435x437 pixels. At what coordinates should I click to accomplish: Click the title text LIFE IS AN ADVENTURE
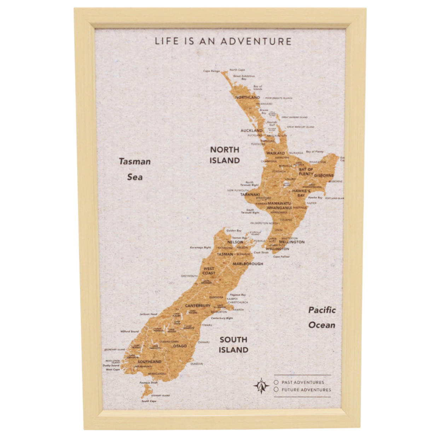pyautogui.click(x=223, y=41)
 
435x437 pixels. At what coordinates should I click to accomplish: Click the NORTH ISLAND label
pyautogui.click(x=225, y=155)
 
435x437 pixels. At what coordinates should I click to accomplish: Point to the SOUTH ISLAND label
pyautogui.click(x=233, y=345)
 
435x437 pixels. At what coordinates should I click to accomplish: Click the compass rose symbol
pyautogui.click(x=261, y=386)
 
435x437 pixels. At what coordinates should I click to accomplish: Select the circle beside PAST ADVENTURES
pyautogui.click(x=276, y=382)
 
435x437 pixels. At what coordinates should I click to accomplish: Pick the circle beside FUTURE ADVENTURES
pyautogui.click(x=276, y=390)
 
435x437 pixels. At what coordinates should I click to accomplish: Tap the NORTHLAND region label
pyautogui.click(x=247, y=97)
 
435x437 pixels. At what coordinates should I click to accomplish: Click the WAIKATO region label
pyautogui.click(x=275, y=153)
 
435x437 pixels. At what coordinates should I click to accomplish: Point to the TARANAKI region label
pyautogui.click(x=250, y=194)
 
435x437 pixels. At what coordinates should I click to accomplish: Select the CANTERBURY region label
pyautogui.click(x=198, y=306)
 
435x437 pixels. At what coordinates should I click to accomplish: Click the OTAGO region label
pyautogui.click(x=180, y=346)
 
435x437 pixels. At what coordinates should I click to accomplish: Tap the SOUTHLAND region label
pyautogui.click(x=149, y=362)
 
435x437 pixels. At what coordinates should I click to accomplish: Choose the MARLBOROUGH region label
pyautogui.click(x=248, y=264)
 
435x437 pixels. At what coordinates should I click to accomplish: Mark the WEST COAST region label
pyautogui.click(x=209, y=271)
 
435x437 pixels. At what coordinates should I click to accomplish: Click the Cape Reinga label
pyautogui.click(x=211, y=71)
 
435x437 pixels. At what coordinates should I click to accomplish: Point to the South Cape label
pyautogui.click(x=149, y=401)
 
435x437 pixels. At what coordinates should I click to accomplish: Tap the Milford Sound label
pyautogui.click(x=130, y=331)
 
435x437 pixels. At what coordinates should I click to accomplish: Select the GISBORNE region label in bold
pyautogui.click(x=324, y=175)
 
